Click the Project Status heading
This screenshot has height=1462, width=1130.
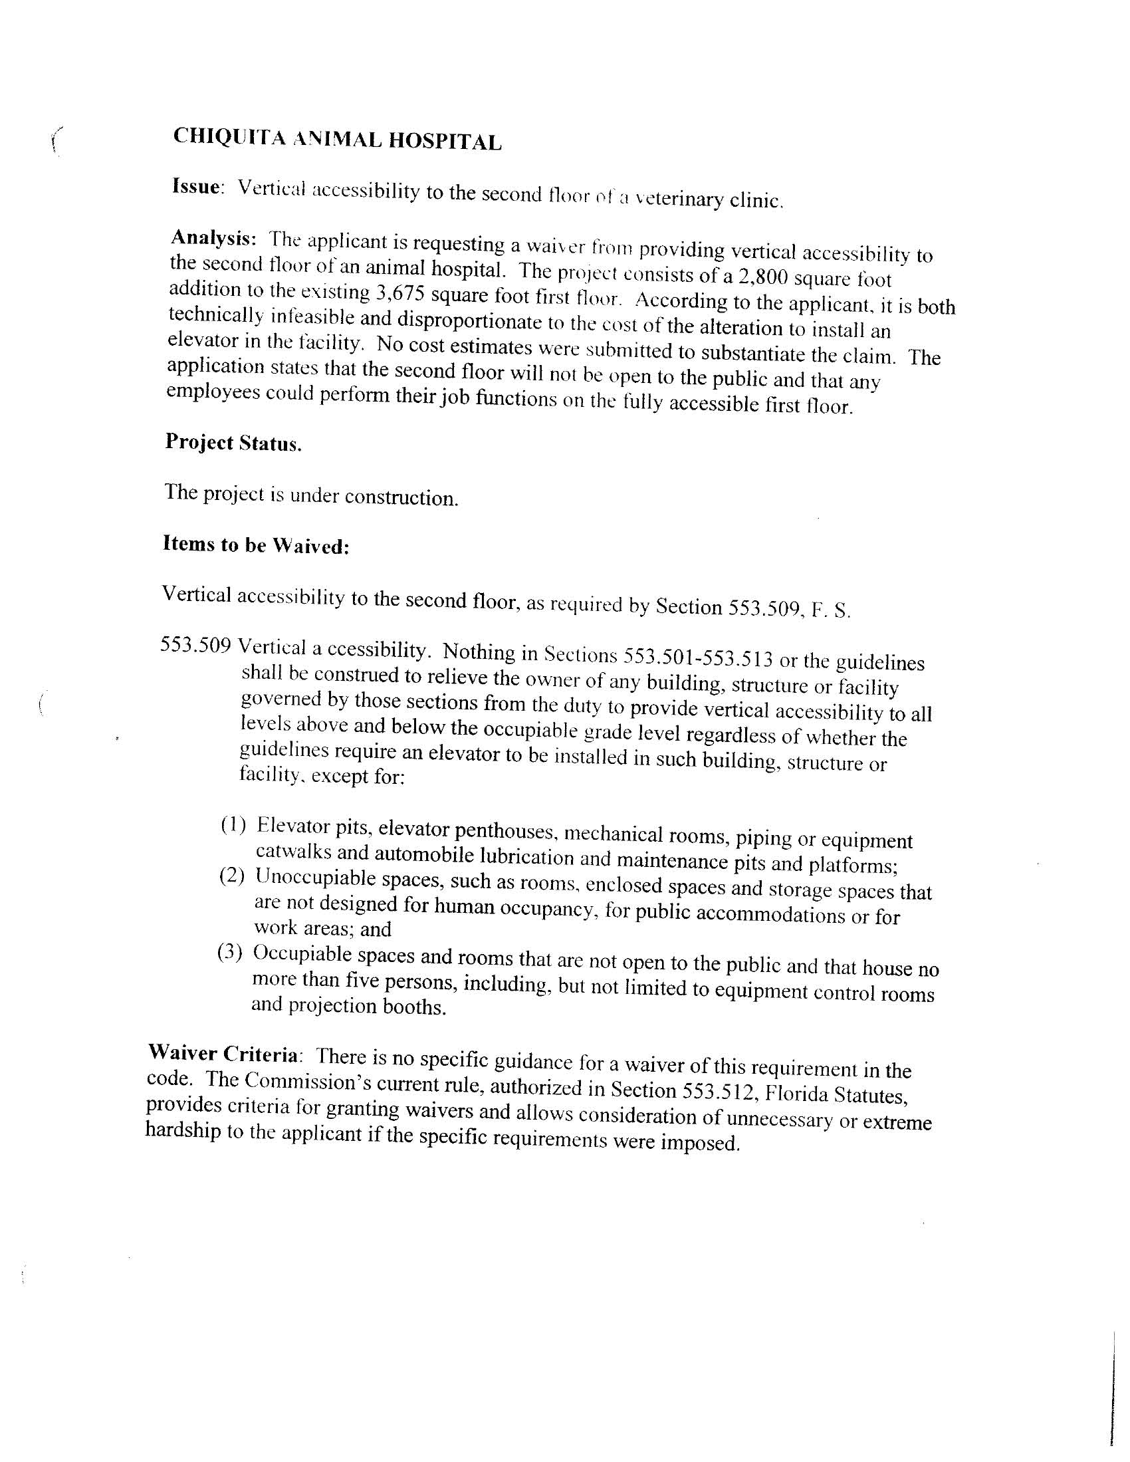[233, 443]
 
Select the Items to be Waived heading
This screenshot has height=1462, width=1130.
[256, 545]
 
